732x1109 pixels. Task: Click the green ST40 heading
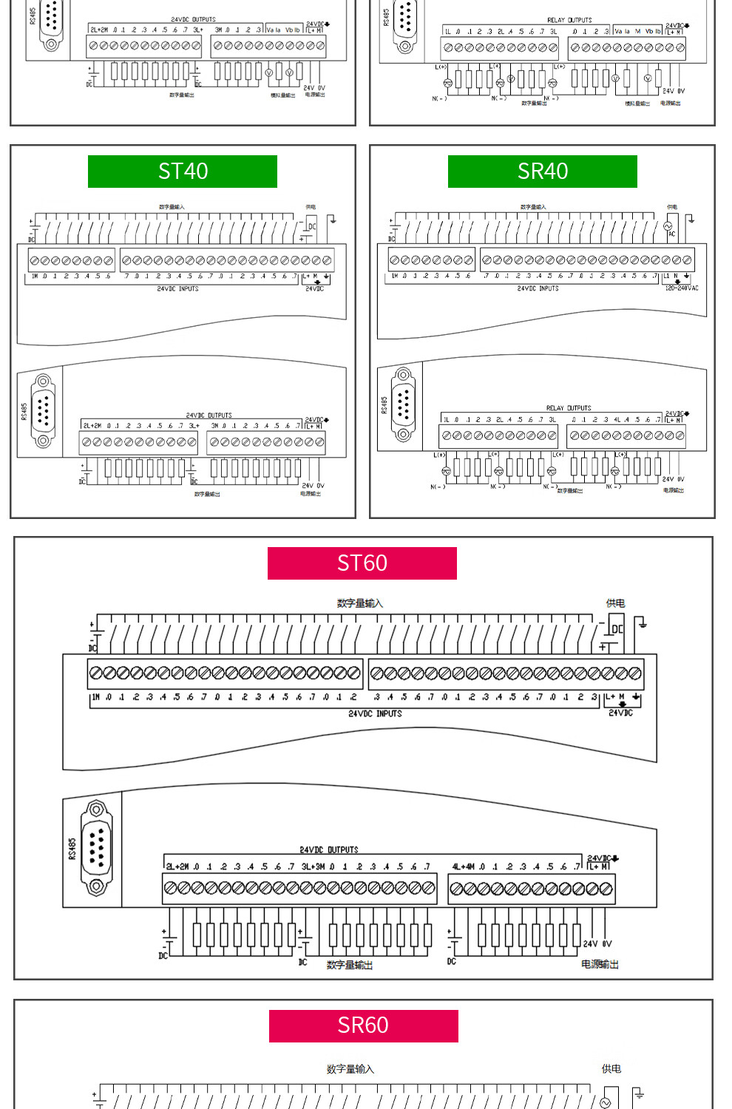[x=183, y=172]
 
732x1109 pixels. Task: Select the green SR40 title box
[x=542, y=172]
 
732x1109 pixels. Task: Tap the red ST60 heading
[x=362, y=563]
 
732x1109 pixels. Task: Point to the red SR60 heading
[x=363, y=1025]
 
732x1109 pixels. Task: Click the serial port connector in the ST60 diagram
[x=96, y=847]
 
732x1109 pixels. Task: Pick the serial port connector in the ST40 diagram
[x=43, y=411]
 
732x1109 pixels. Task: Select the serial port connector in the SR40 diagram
[x=403, y=404]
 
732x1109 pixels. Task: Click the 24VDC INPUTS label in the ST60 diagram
[x=375, y=714]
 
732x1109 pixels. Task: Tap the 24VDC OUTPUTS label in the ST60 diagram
[x=329, y=850]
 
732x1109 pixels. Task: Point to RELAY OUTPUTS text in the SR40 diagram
[x=569, y=408]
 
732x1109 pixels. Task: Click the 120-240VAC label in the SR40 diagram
[x=681, y=288]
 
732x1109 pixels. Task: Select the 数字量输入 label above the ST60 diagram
[x=360, y=603]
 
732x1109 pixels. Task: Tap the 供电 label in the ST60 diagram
[x=615, y=603]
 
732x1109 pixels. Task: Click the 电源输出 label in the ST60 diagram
[x=600, y=964]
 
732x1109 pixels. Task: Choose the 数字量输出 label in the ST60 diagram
[x=350, y=965]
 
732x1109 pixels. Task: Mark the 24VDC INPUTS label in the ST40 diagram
[x=177, y=289]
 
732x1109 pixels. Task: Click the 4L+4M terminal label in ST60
[x=464, y=866]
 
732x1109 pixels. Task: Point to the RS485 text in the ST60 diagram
[x=72, y=849]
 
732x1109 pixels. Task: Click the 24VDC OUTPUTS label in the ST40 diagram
[x=209, y=416]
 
